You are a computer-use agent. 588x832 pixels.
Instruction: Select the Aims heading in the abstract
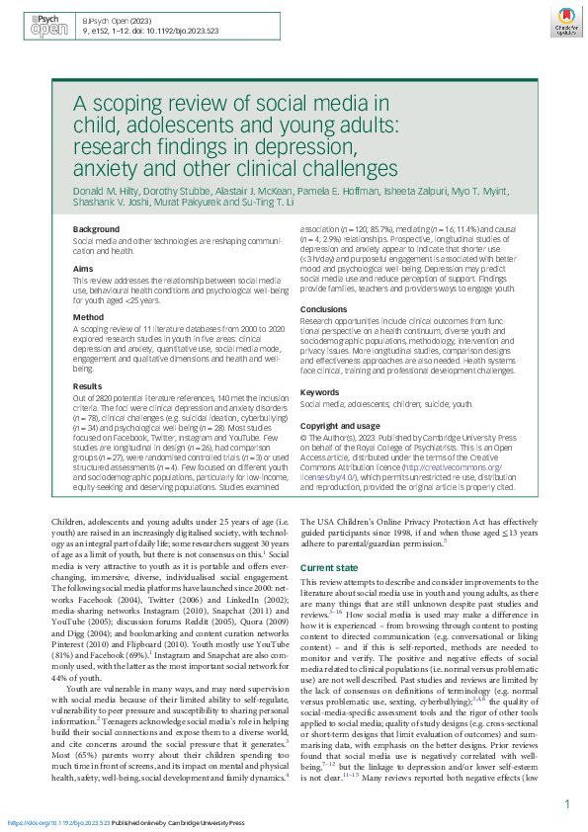point(83,269)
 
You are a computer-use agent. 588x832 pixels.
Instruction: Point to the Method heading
point(88,317)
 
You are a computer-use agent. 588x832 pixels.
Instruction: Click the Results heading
point(87,385)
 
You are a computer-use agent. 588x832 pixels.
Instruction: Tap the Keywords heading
point(322,392)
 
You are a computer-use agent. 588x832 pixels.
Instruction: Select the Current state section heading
point(331,568)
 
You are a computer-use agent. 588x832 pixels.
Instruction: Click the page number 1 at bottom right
point(566,804)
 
